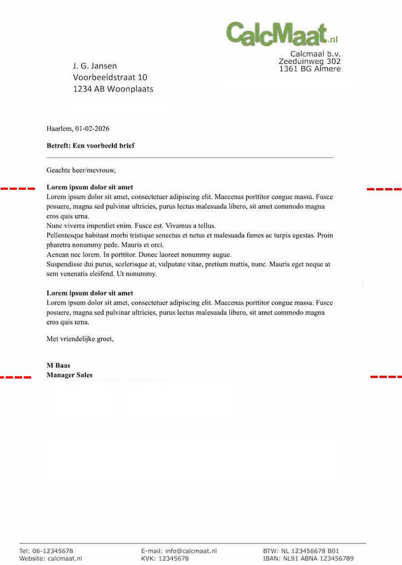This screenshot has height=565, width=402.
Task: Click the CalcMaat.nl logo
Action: tap(281, 33)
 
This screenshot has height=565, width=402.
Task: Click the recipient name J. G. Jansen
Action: tap(95, 66)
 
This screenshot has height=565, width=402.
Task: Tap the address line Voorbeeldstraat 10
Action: tap(110, 77)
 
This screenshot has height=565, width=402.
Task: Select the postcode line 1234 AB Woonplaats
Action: tap(113, 89)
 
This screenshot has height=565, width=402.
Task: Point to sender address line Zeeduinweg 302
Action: tap(309, 61)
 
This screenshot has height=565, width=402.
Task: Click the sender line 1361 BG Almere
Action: tap(309, 69)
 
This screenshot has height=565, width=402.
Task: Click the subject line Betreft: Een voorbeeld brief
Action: tap(90, 146)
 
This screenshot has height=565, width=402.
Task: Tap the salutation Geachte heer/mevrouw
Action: tap(81, 169)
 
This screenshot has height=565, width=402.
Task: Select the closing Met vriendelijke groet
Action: tap(80, 340)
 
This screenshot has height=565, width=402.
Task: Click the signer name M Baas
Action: tap(58, 366)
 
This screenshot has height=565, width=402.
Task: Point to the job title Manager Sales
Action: tap(69, 375)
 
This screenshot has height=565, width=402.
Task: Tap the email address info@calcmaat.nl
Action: tap(191, 551)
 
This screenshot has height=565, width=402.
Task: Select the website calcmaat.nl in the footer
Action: tap(65, 558)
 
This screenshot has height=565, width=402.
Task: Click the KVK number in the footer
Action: tap(173, 558)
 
